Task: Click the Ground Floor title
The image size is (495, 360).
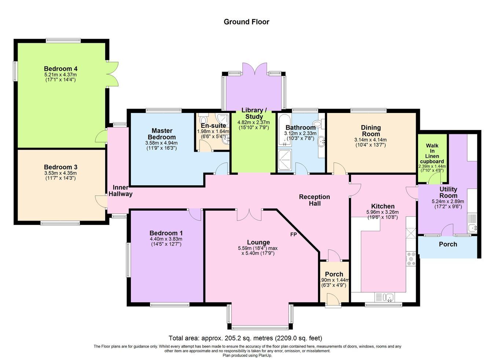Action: pos(246,22)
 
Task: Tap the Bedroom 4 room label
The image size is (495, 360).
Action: pos(60,69)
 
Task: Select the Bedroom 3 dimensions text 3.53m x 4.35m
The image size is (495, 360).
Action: pos(60,173)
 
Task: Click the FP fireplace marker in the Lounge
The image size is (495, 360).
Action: pos(293,234)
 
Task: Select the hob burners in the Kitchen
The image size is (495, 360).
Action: pos(411,259)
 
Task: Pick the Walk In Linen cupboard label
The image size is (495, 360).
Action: pos(432,153)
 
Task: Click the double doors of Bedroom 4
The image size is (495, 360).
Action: pos(113,74)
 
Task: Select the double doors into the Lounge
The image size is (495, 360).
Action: pos(249,215)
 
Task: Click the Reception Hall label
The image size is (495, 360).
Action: pos(315,200)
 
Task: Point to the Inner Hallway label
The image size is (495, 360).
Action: pos(120,190)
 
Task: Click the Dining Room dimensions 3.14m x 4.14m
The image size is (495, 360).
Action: pos(371,140)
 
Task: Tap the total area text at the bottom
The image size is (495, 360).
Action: pos(245,338)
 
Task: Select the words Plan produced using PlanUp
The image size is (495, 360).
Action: pos(247,356)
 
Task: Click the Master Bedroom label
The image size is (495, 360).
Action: pos(162,134)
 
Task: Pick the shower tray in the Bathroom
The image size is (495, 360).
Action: pos(285,160)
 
